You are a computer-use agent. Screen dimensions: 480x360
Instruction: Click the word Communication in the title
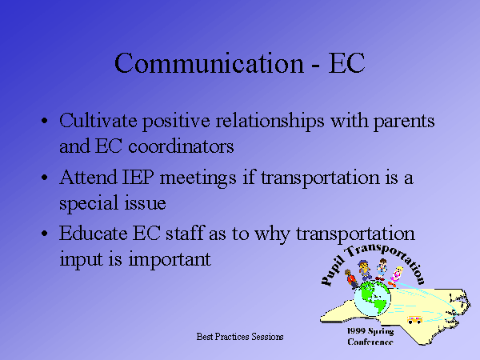(209, 63)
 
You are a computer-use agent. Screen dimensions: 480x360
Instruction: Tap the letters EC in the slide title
(346, 63)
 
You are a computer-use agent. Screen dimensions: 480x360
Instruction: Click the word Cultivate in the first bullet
(98, 121)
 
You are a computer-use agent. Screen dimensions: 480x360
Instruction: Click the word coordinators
(181, 146)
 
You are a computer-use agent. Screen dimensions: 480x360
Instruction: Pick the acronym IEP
(138, 178)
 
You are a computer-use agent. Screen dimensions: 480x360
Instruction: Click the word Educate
(93, 234)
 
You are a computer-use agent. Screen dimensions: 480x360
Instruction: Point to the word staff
(185, 233)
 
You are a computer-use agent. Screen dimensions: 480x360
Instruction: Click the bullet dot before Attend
(44, 178)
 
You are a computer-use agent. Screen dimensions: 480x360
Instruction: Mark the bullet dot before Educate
(44, 234)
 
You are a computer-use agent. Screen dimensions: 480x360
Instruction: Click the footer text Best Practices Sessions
(240, 337)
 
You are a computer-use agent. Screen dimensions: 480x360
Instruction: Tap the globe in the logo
(372, 298)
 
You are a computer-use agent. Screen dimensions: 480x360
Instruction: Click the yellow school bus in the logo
(414, 320)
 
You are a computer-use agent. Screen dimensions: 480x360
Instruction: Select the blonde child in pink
(395, 276)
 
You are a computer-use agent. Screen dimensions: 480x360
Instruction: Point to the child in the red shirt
(351, 279)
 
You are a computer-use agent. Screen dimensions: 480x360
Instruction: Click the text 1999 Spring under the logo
(370, 331)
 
